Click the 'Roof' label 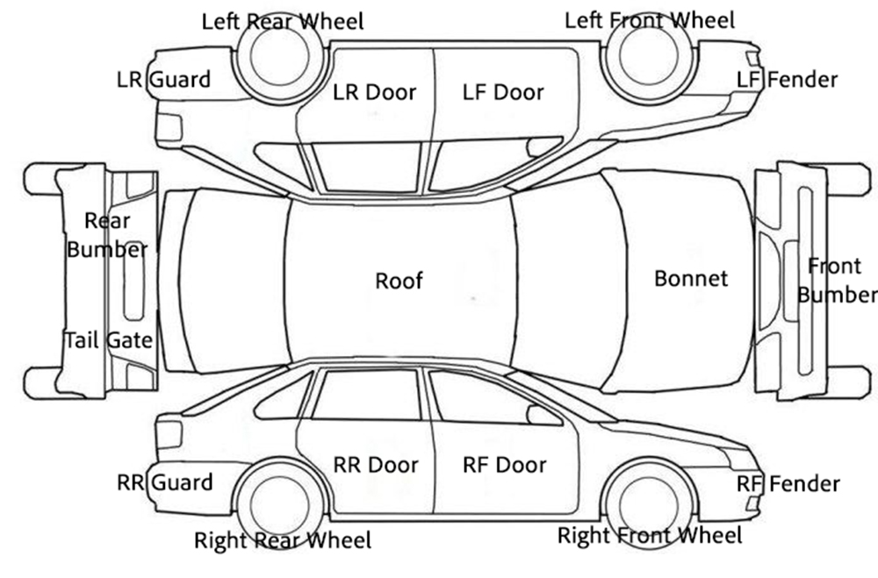point(399,281)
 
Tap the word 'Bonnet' point(691,279)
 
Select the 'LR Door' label point(375,92)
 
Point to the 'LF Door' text point(503,92)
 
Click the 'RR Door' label point(376,465)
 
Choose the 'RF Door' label point(504,465)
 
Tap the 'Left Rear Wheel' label point(283,20)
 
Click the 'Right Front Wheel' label point(650,534)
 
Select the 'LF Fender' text point(788,80)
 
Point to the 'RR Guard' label point(164,482)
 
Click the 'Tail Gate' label point(108,339)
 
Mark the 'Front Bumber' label point(837,280)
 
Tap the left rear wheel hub point(278,55)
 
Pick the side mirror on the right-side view point(544,415)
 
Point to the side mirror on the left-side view point(544,146)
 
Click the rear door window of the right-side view point(365,396)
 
